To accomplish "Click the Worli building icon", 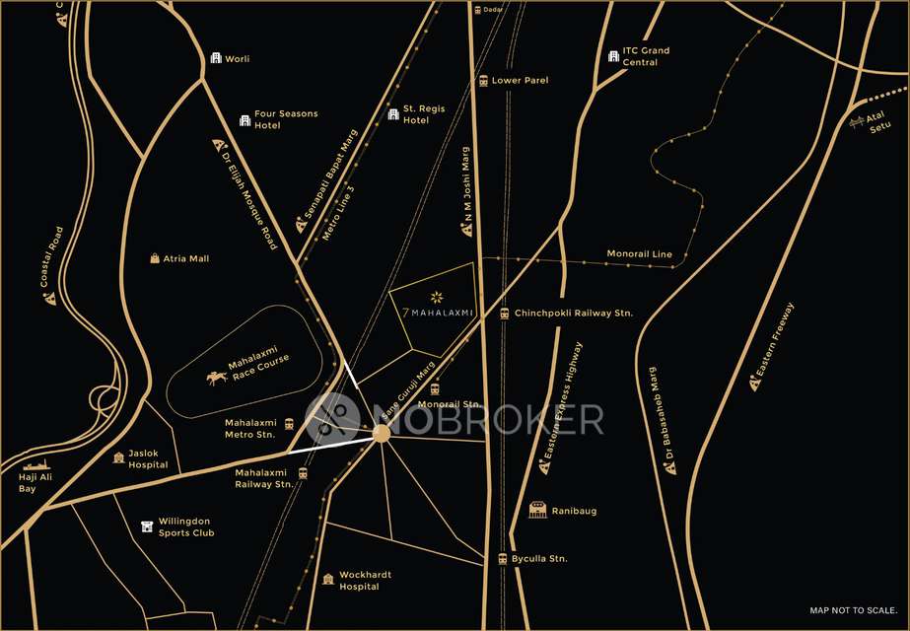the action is pos(216,59).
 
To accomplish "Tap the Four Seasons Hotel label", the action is pos(286,119).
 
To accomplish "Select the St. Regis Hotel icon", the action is pos(393,114).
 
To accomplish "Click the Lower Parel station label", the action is pos(520,80).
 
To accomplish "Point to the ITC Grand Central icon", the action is pos(612,56).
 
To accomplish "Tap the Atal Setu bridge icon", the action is pos(857,122).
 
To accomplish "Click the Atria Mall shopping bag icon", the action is pos(155,258).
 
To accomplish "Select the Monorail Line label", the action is pos(639,254).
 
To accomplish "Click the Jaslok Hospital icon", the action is pos(119,458).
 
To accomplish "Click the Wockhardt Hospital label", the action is pos(359,580).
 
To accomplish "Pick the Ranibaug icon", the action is pos(537,510).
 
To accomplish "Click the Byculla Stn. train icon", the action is pos(503,559).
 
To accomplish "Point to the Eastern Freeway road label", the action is pos(775,340).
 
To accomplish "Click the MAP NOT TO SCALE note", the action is pos(852,610).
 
